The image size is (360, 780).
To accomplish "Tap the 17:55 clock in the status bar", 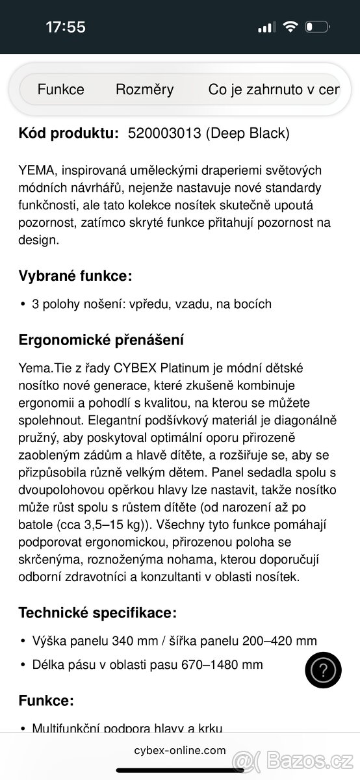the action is tap(66, 27).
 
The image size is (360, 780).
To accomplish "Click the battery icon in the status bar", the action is tap(318, 27).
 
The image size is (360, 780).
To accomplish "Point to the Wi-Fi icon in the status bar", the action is tap(290, 27).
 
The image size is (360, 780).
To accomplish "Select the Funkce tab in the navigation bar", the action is tap(60, 90).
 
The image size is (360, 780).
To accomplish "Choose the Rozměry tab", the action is tap(144, 90).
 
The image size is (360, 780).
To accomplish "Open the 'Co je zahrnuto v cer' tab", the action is tap(274, 90).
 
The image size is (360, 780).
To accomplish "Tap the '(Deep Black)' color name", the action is tap(247, 133).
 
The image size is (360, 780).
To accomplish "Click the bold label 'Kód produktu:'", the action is tap(68, 133).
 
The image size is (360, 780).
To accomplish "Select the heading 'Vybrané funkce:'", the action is tap(75, 276).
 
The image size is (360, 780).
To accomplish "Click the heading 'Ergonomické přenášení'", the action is tap(101, 339).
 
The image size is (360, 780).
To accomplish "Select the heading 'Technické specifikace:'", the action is tap(97, 612).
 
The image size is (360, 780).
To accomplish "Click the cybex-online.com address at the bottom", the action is tap(180, 749).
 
